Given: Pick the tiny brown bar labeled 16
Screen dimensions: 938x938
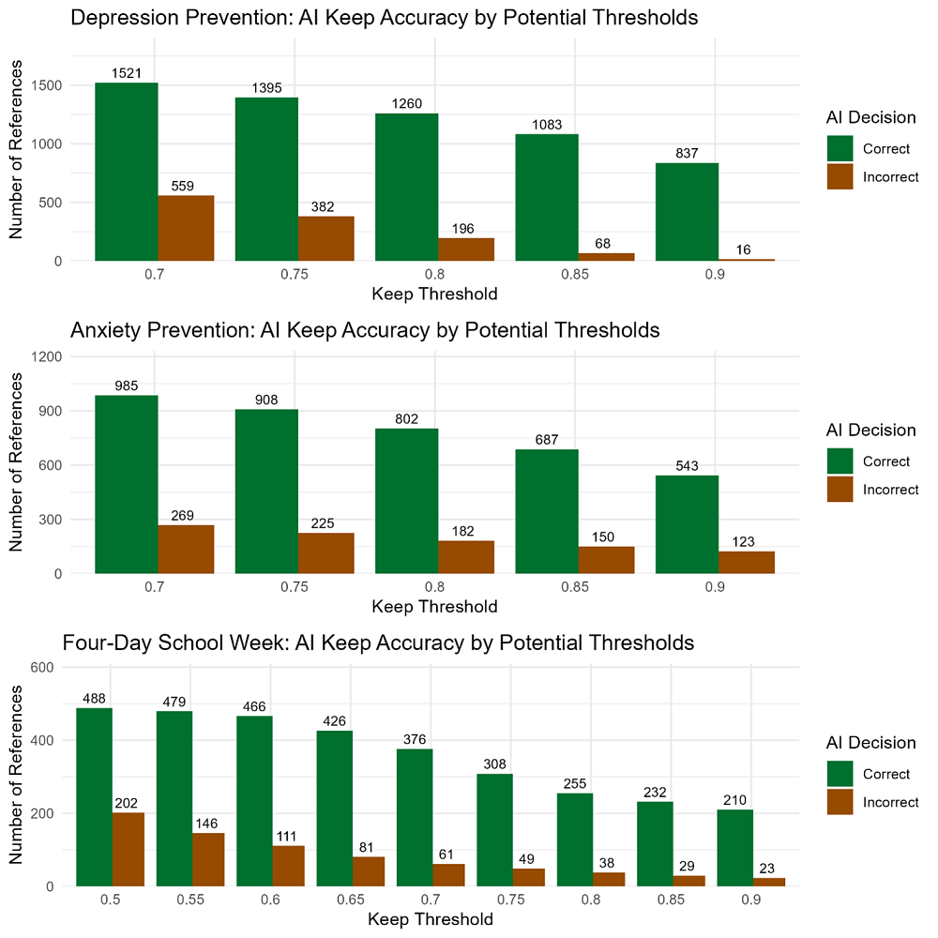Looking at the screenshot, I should pyautogui.click(x=747, y=259).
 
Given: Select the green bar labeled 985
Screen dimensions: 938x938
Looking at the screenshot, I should pyautogui.click(x=126, y=484).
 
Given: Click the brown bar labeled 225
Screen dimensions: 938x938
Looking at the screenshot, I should pyautogui.click(x=325, y=552).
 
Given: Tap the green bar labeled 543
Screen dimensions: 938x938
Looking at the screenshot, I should pyautogui.click(x=687, y=524).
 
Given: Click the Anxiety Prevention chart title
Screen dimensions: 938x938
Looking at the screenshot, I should pyautogui.click(x=366, y=330).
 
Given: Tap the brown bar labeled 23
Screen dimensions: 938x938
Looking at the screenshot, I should pyautogui.click(x=770, y=882).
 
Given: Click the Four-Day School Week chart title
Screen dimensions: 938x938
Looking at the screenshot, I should pyautogui.click(x=378, y=643).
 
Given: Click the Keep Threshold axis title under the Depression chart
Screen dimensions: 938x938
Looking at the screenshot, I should pyautogui.click(x=434, y=293).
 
